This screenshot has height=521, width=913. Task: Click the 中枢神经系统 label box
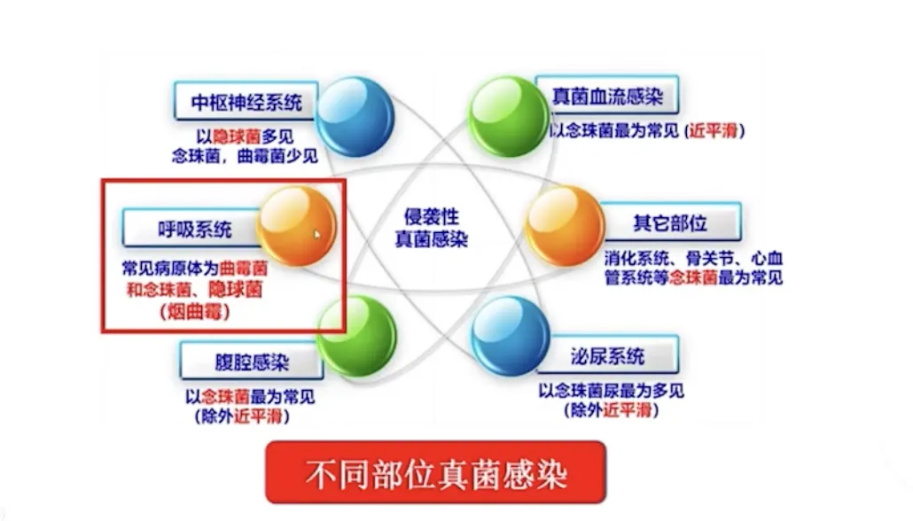pyautogui.click(x=246, y=103)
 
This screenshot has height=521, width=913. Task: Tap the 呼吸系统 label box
pyautogui.click(x=190, y=229)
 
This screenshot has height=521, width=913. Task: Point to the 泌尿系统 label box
pyautogui.click(x=607, y=356)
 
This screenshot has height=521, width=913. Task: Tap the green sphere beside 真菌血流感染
pyautogui.click(x=508, y=116)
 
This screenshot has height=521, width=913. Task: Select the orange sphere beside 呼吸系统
pyautogui.click(x=297, y=227)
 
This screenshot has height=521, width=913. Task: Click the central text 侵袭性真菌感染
pyautogui.click(x=431, y=228)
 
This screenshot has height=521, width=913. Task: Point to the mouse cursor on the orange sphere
pyautogui.click(x=316, y=234)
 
